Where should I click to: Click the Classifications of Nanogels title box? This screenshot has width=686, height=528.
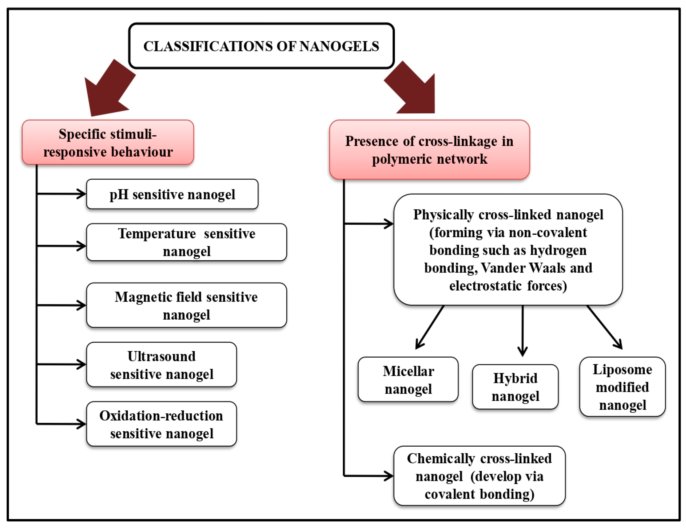261,46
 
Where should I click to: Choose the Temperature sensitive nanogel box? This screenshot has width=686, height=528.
187,242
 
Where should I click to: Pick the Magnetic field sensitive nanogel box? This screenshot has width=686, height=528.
187,305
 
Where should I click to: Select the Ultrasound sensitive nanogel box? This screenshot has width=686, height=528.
161,365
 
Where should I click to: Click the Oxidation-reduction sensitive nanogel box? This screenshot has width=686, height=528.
161,424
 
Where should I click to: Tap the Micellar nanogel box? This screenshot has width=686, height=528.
408,379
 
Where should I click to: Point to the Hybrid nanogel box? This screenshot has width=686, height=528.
515,387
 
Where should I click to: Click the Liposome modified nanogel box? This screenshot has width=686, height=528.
623,387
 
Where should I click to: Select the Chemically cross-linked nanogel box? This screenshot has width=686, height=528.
480,476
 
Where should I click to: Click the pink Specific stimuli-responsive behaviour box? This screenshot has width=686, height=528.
108,142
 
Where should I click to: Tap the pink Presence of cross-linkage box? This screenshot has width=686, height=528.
429,150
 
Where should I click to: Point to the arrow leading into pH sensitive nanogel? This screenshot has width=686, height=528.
61,194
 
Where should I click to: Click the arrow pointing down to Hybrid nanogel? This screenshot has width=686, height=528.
523,331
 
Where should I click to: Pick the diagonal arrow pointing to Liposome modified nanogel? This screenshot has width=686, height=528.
605,327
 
